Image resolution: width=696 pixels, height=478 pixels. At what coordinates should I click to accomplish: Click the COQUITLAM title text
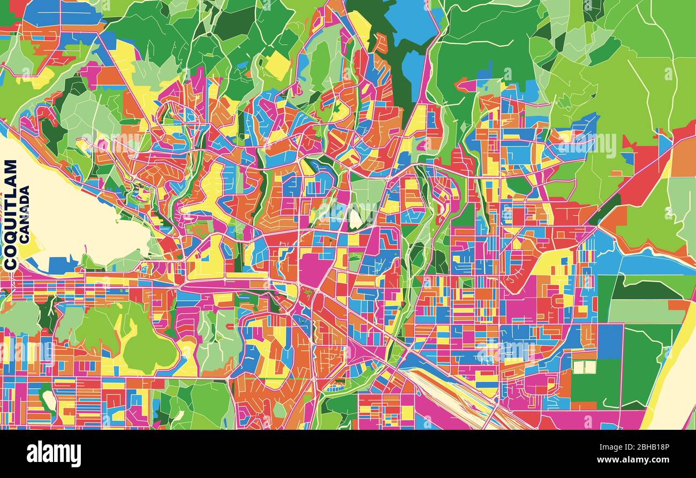[x=10, y=214]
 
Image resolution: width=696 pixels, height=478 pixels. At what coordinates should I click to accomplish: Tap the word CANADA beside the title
[x=24, y=215]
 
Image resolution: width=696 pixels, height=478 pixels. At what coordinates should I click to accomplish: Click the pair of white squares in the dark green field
[x=584, y=367]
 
